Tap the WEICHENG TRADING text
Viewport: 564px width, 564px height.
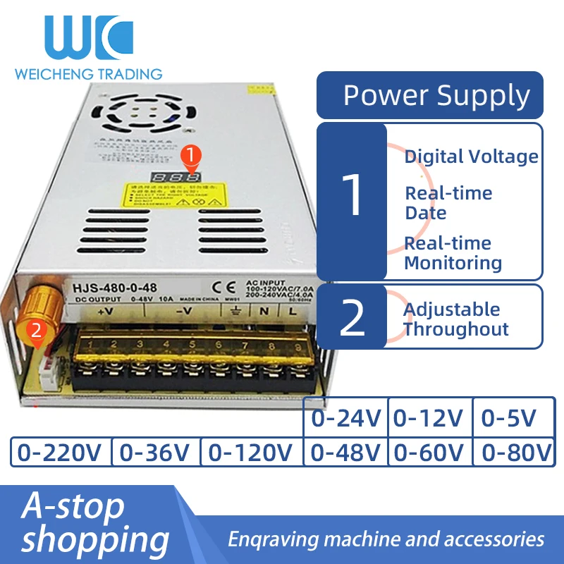click(88, 73)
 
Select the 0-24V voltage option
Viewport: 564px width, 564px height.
click(345, 418)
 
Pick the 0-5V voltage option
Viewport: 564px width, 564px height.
click(508, 418)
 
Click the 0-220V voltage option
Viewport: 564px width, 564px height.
click(61, 452)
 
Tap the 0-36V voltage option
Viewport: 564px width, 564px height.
click(157, 452)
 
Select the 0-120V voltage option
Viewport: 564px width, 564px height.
click(251, 452)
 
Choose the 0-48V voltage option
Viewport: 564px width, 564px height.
click(345, 452)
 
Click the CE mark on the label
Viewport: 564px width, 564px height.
click(220, 287)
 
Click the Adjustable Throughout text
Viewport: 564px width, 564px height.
click(455, 319)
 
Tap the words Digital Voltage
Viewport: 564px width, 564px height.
click(471, 157)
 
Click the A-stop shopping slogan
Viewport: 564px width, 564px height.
click(95, 523)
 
